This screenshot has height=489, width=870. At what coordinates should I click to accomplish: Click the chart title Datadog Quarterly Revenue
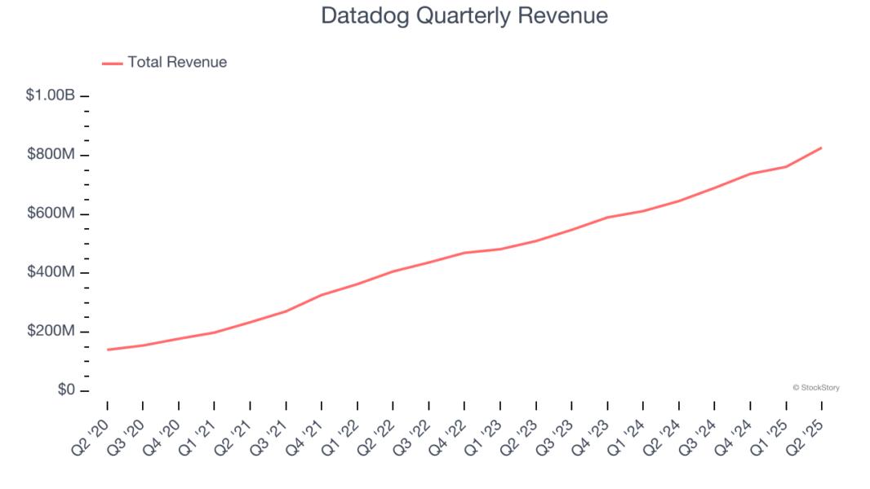[x=464, y=16]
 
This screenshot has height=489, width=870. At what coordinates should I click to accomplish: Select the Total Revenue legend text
[x=177, y=62]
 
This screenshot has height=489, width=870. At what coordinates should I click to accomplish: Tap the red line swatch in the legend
[x=113, y=63]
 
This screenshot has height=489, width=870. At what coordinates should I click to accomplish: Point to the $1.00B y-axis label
[x=51, y=95]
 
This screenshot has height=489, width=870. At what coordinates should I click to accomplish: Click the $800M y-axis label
[x=51, y=155]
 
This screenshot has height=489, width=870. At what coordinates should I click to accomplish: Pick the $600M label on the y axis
[x=51, y=214]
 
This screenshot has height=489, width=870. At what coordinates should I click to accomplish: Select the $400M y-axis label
[x=51, y=272]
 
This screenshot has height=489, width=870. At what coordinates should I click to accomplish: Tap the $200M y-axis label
[x=51, y=332]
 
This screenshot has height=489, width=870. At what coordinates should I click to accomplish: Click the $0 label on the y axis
[x=65, y=390]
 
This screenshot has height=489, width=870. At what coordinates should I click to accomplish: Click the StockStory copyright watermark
[x=815, y=388]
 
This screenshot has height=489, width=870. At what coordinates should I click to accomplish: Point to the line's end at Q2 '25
[x=821, y=148]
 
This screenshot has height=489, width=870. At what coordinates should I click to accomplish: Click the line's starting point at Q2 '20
[x=108, y=350]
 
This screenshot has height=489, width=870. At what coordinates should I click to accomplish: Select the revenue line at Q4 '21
[x=322, y=295]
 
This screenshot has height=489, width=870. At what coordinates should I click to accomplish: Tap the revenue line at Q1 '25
[x=786, y=167]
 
